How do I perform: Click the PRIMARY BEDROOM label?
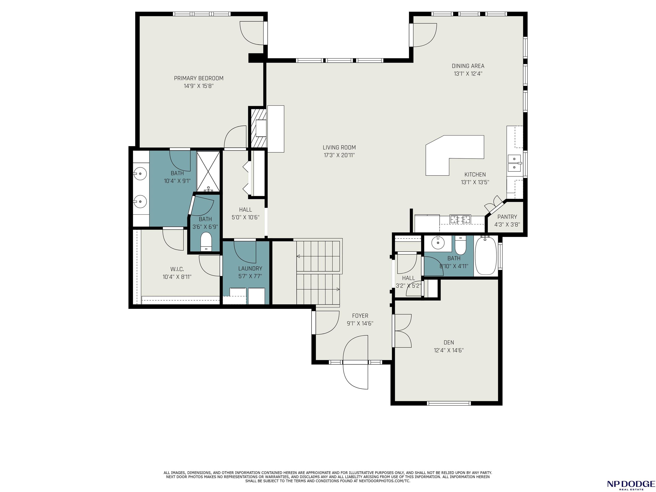point(198,78)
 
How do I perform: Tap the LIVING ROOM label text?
point(339,147)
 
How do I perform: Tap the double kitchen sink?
point(515,163)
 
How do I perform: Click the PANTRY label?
point(507,217)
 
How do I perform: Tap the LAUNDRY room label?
point(250,268)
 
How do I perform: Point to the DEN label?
point(449,343)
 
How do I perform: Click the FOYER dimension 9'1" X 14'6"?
point(360,324)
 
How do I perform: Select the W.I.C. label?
point(177,269)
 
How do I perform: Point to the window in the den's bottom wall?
point(449,403)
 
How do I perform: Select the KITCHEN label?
point(475,175)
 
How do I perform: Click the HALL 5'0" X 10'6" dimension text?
point(246,217)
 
